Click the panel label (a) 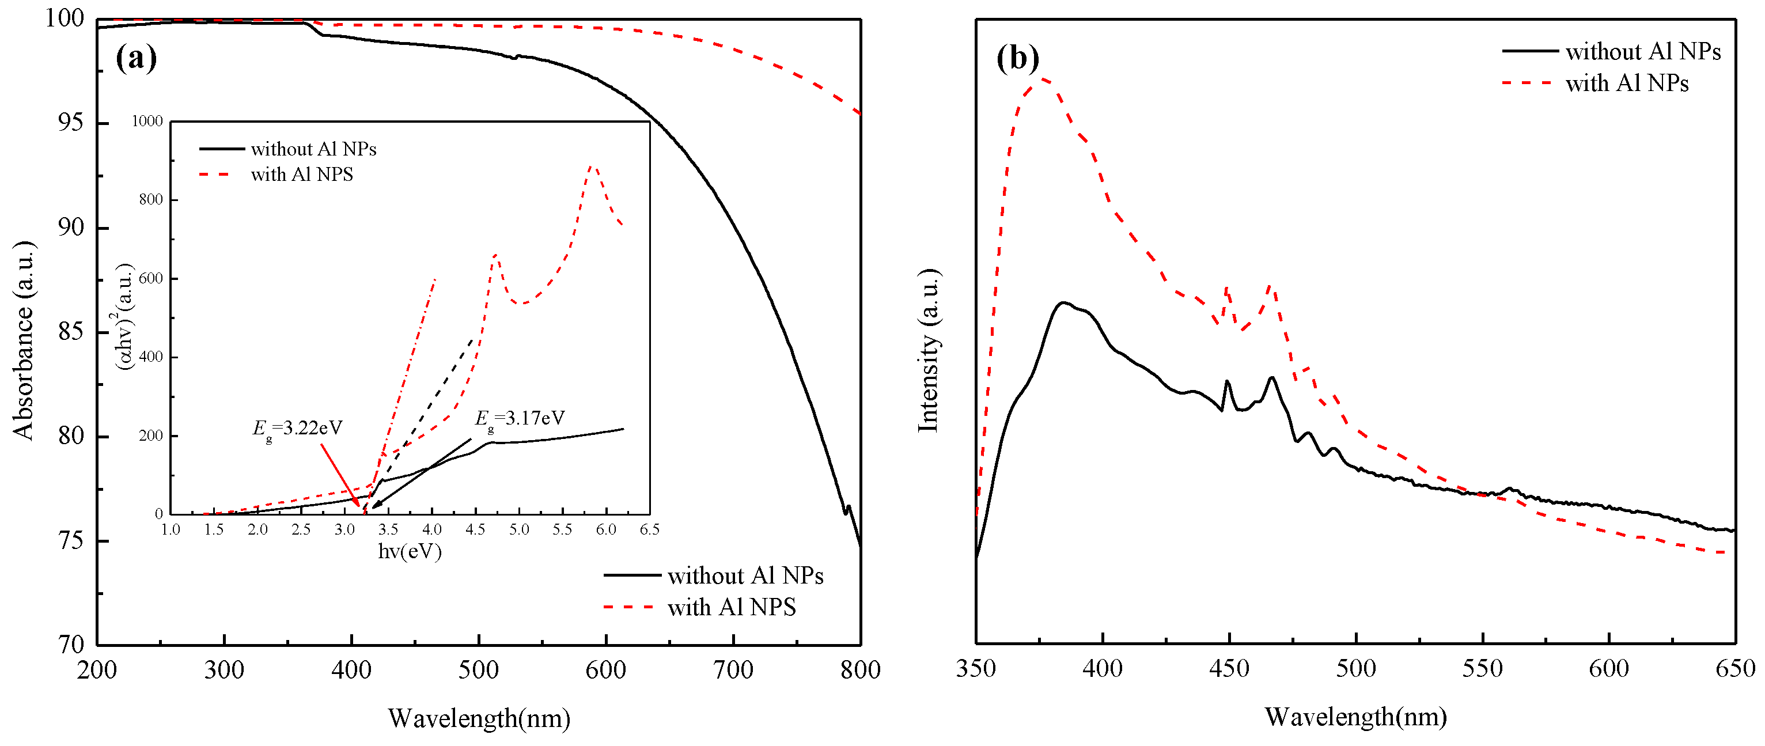pyautogui.click(x=136, y=58)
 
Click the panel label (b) pyautogui.click(x=1017, y=58)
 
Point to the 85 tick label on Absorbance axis pyautogui.click(x=71, y=332)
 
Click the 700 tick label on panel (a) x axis pyautogui.click(x=733, y=669)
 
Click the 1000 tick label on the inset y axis pyautogui.click(x=147, y=121)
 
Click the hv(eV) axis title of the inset pyautogui.click(x=409, y=551)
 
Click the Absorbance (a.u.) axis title pyautogui.click(x=22, y=340)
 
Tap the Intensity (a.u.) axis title pyautogui.click(x=928, y=350)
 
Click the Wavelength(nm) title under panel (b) pyautogui.click(x=1355, y=717)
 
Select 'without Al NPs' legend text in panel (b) pyautogui.click(x=1642, y=51)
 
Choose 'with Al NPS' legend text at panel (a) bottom pyautogui.click(x=731, y=607)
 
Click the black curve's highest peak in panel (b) pyautogui.click(x=1063, y=303)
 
